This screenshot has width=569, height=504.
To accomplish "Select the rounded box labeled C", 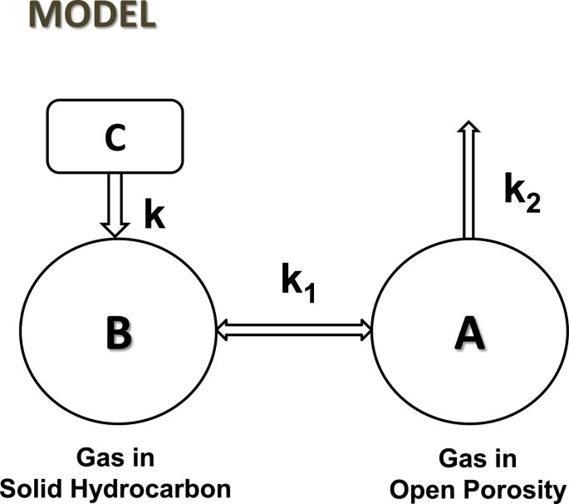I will coord(115,136).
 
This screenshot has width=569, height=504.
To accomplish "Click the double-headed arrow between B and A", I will coord(293,330).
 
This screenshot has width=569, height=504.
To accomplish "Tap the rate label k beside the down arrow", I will coord(155,214).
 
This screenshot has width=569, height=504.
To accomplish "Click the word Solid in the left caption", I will coord(42,488).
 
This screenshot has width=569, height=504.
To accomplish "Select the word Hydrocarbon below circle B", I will coord(157,488).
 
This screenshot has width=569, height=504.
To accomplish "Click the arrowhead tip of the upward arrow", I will coord(468,126).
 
